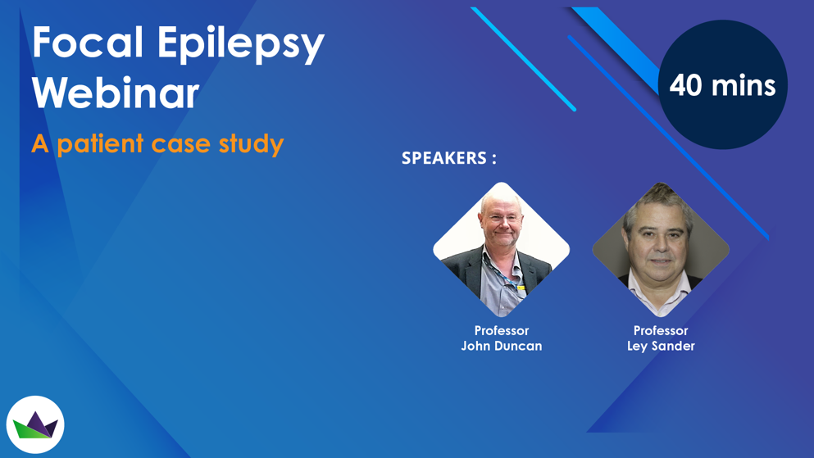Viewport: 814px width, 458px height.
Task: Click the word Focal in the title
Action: (88, 42)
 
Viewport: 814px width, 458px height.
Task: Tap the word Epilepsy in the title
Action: (241, 45)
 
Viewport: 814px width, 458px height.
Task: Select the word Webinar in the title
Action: (116, 93)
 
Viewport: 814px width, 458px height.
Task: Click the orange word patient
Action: (100, 143)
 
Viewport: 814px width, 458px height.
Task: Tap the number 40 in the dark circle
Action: (685, 85)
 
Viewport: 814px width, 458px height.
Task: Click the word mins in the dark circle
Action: (744, 85)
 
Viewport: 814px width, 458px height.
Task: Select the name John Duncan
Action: (502, 346)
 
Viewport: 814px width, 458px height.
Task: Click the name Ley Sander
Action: (661, 347)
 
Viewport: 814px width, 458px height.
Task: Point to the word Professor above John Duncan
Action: (502, 330)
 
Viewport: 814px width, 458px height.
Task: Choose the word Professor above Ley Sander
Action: (661, 330)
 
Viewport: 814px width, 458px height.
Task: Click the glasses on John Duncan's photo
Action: (502, 218)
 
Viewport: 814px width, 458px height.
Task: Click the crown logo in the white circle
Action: (35, 425)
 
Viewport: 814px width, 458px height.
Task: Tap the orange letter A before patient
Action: (40, 143)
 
